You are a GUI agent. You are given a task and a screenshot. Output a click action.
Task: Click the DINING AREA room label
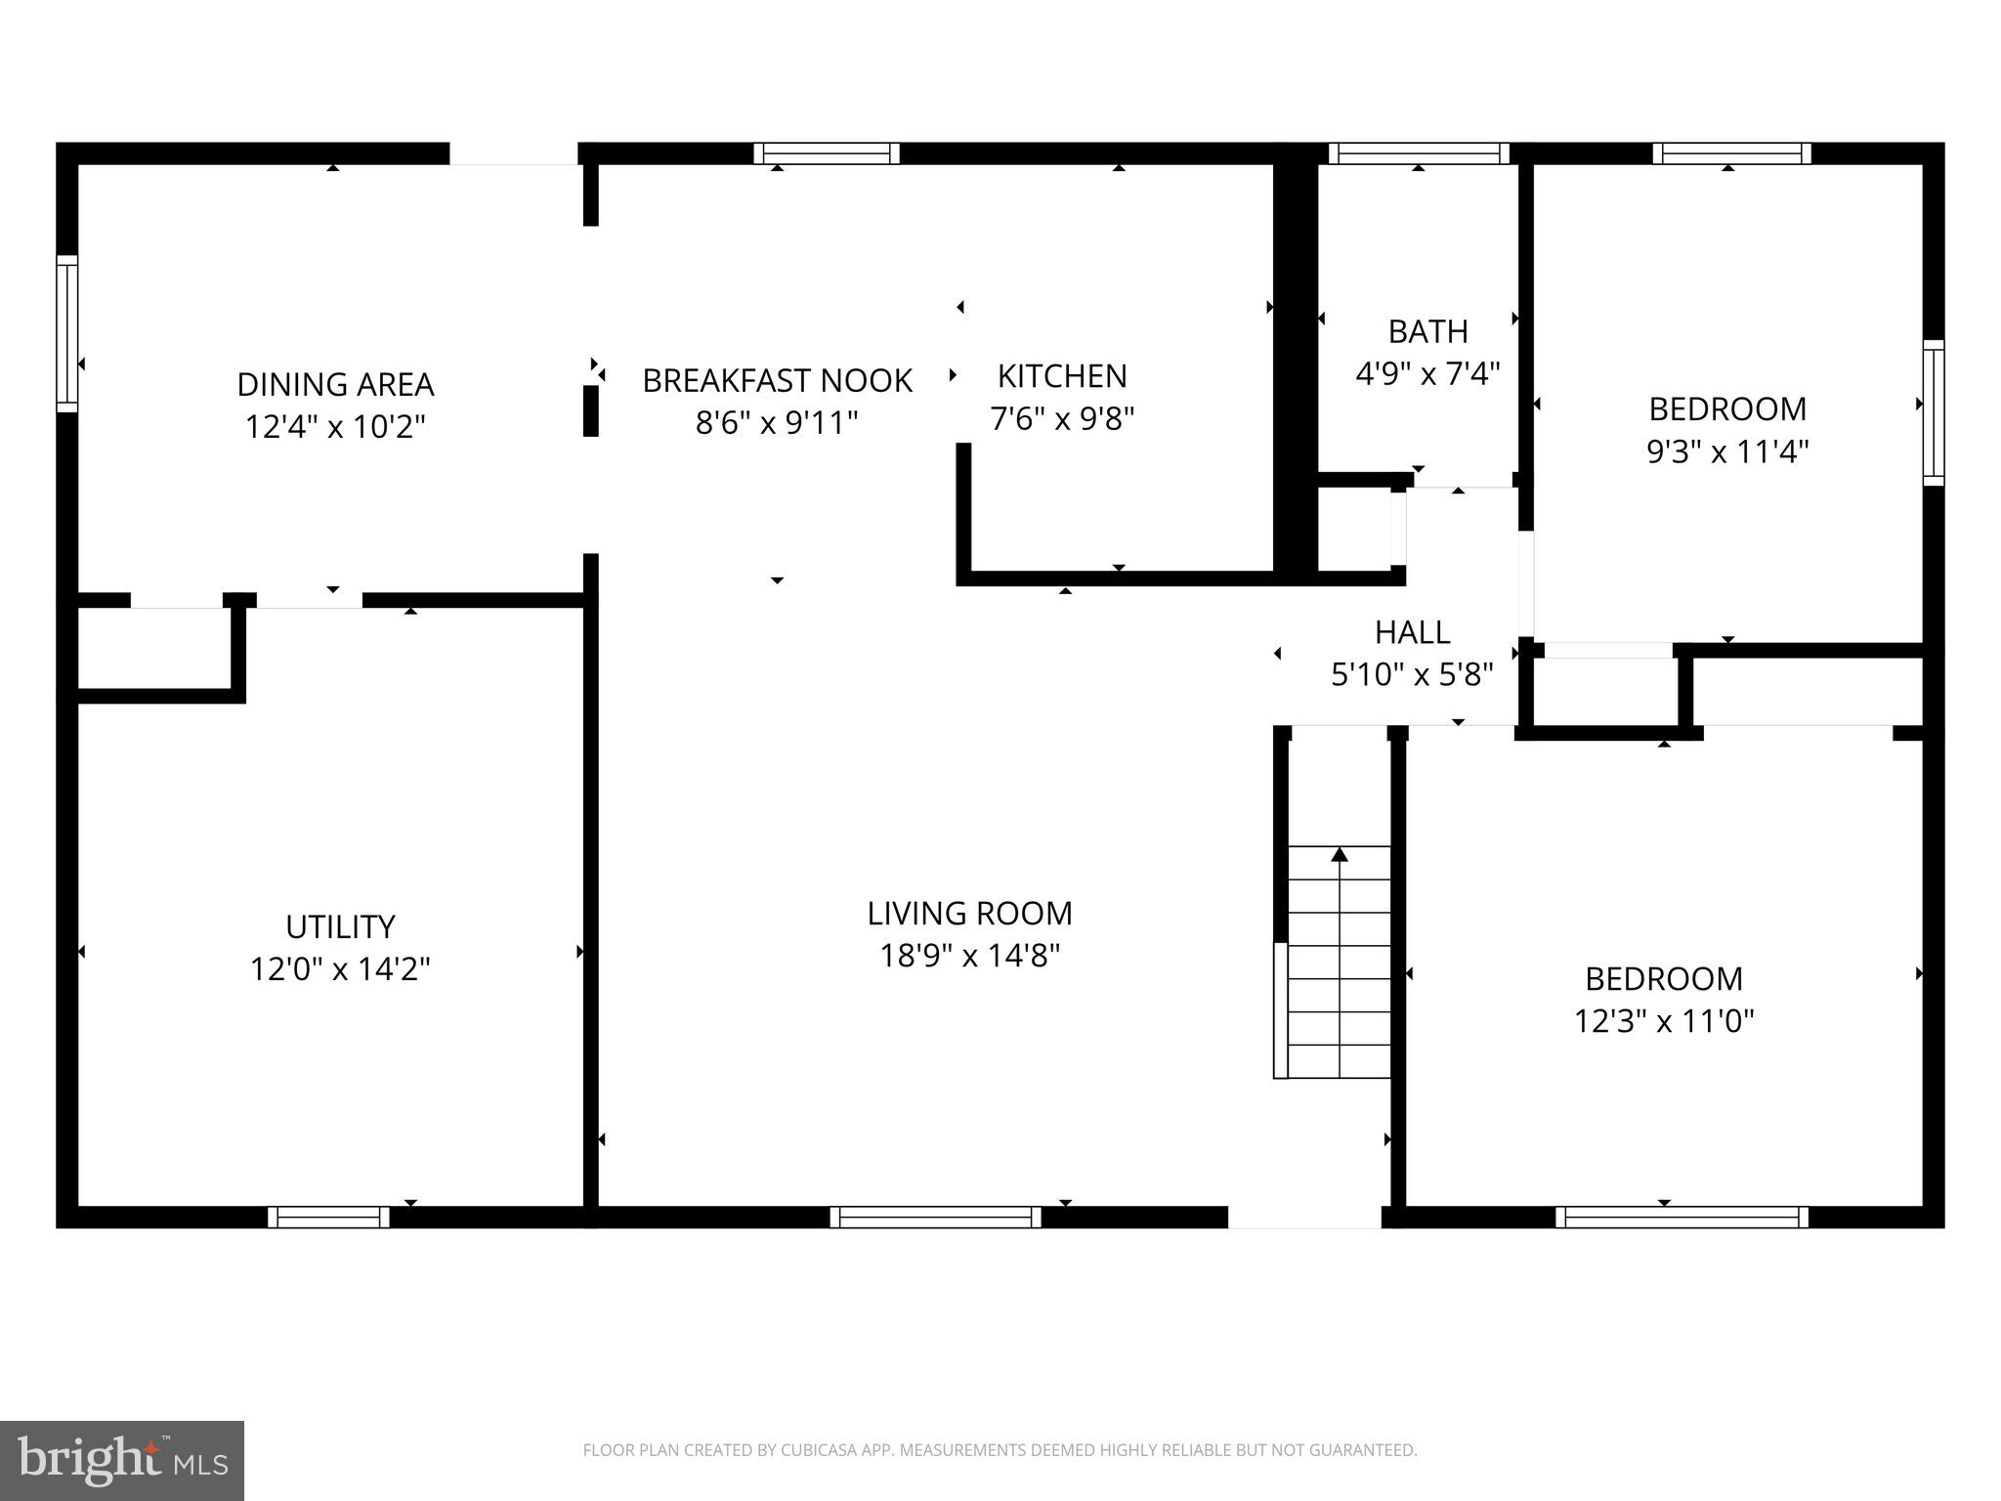335,384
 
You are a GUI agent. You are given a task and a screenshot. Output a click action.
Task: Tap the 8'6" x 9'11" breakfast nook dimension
777,423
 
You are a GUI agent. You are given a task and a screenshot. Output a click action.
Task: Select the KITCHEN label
1062,376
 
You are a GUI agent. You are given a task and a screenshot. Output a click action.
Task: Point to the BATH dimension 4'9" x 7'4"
1427,374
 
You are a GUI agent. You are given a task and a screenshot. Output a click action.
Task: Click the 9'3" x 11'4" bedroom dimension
1727,451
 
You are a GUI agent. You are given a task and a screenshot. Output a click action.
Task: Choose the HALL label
1412,632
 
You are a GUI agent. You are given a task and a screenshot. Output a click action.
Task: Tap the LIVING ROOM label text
969,913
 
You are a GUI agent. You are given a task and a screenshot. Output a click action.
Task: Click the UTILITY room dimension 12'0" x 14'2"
340,969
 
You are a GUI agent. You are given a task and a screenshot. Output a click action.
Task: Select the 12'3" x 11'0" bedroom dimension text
1664,1021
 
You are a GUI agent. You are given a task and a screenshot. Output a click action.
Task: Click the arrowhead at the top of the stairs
1340,855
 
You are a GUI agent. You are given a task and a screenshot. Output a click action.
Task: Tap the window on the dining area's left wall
66,333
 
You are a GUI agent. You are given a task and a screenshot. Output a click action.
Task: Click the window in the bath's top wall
1419,153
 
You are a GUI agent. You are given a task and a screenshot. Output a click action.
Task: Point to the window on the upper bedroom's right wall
1934,411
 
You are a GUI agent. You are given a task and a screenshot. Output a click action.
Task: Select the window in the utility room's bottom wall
329,1217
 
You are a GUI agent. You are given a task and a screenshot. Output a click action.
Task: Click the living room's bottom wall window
935,1217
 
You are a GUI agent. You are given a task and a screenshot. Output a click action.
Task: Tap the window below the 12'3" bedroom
1682,1217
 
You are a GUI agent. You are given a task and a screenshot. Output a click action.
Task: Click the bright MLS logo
122,1460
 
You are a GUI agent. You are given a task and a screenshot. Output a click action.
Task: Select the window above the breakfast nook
827,153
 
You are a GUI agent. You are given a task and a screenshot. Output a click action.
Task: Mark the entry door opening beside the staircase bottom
1304,1218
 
